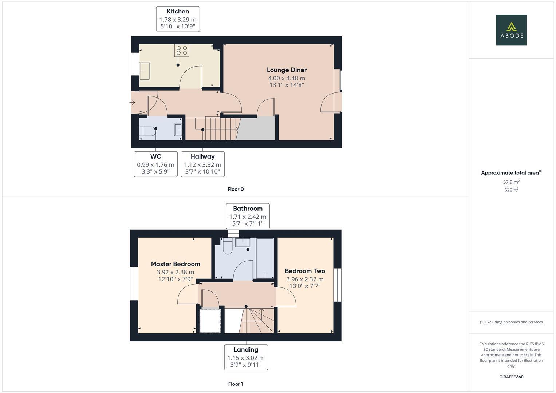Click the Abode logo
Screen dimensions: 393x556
tap(511, 30)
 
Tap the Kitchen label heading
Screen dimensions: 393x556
tap(178, 11)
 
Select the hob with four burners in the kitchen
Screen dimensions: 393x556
tap(181, 50)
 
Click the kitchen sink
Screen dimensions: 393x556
tap(145, 71)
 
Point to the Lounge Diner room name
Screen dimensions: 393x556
tap(287, 70)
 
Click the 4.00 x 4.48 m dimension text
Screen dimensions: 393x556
tap(287, 78)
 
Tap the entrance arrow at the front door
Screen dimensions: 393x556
tap(133, 103)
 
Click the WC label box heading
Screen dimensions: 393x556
tap(155, 156)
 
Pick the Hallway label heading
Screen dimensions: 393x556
tap(202, 156)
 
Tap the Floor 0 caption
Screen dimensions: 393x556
tap(236, 189)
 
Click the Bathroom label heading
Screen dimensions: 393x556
tap(248, 209)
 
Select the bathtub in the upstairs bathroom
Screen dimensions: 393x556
tap(265, 258)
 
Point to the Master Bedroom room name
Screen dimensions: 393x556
tap(176, 264)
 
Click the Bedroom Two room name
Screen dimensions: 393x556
tap(305, 271)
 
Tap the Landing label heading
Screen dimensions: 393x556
tap(246, 350)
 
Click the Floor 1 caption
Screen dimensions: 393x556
tap(236, 384)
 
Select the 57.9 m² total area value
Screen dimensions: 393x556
tap(511, 182)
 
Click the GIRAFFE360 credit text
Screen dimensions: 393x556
tap(511, 377)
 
